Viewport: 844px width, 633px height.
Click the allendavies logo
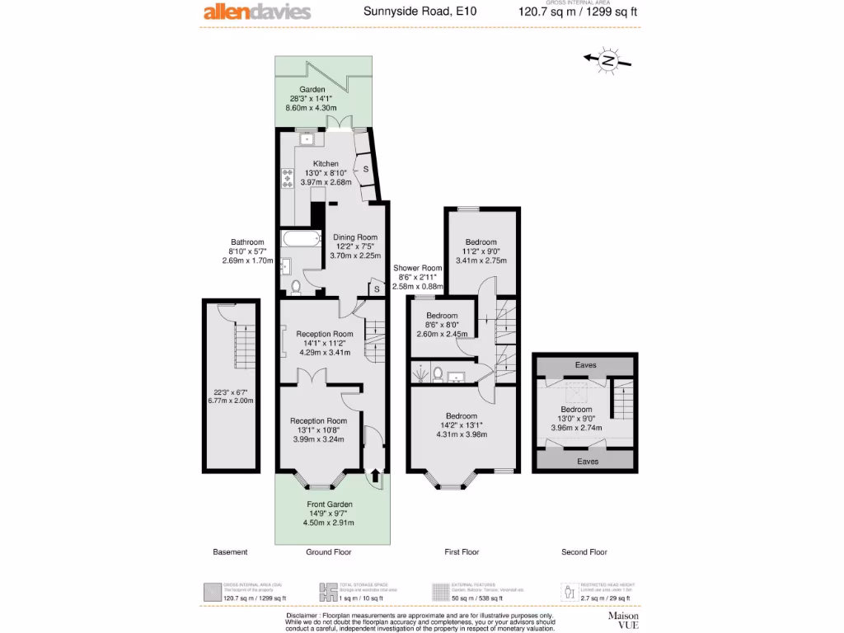coord(257,12)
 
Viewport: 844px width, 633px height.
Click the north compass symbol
coord(607,60)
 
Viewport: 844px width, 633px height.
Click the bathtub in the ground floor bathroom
coord(299,239)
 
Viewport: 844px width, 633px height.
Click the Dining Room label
coord(355,237)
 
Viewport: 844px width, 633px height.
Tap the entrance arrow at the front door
coord(376,475)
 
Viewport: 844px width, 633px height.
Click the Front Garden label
coord(330,504)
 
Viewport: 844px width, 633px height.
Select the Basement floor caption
coord(230,552)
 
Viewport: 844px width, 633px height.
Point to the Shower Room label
coord(418,268)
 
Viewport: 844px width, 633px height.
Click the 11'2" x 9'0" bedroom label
coord(482,242)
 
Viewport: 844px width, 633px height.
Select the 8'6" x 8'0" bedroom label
coord(442,316)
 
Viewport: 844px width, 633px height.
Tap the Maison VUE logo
coord(624,620)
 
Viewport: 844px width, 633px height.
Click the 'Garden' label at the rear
coord(312,89)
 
